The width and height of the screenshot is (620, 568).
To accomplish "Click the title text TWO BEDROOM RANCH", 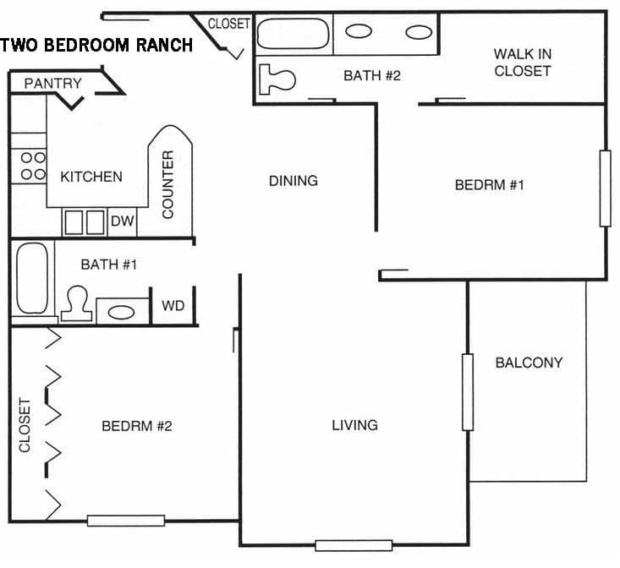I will pyautogui.click(x=96, y=45).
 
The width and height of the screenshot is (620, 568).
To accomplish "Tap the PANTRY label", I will pyautogui.click(x=52, y=83).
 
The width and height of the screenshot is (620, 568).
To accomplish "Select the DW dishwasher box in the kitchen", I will pyautogui.click(x=123, y=221).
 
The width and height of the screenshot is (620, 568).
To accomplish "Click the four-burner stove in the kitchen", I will pyautogui.click(x=33, y=165).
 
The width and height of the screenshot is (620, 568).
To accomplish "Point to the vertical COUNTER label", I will pyautogui.click(x=167, y=184).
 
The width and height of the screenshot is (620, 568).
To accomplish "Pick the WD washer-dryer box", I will pyautogui.click(x=173, y=305).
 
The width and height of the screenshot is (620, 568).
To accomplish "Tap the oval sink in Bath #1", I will pyautogui.click(x=121, y=311).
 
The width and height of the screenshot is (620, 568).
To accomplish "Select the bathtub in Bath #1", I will pyautogui.click(x=32, y=279).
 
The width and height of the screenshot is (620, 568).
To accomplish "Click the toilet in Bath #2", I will pyautogui.click(x=277, y=79).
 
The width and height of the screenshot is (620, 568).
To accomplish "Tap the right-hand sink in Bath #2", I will pyautogui.click(x=419, y=32).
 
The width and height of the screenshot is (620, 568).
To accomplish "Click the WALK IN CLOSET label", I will pyautogui.click(x=523, y=63).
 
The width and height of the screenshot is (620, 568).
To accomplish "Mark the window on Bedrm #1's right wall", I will pyautogui.click(x=605, y=188).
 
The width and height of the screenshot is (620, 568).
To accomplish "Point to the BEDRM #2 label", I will pyautogui.click(x=137, y=425).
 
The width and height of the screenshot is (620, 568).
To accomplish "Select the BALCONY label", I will pyautogui.click(x=529, y=363).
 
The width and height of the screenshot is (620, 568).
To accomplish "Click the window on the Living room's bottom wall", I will pyautogui.click(x=354, y=545).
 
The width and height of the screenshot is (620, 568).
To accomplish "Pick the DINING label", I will pyautogui.click(x=294, y=180).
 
